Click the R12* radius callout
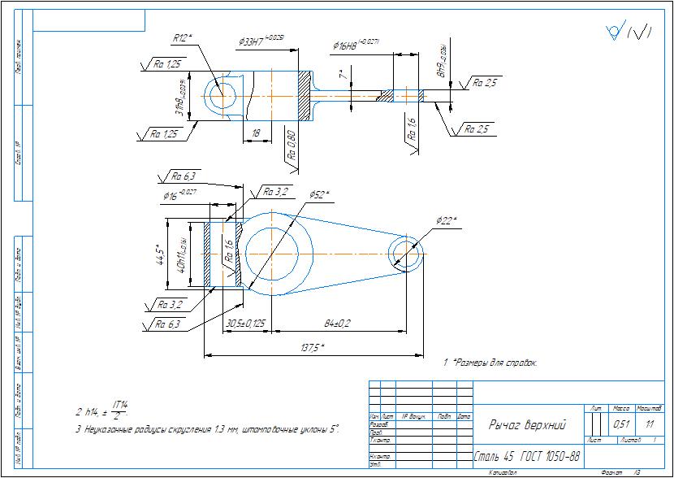pos(181,37)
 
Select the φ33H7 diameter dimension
pos(261,40)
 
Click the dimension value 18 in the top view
pos(257,132)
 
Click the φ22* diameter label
pos(447,220)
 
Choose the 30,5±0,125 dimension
pos(245,324)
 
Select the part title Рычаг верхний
pos(526,424)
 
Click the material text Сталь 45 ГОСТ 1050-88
pos(527,455)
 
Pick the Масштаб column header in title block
pos(650,407)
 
